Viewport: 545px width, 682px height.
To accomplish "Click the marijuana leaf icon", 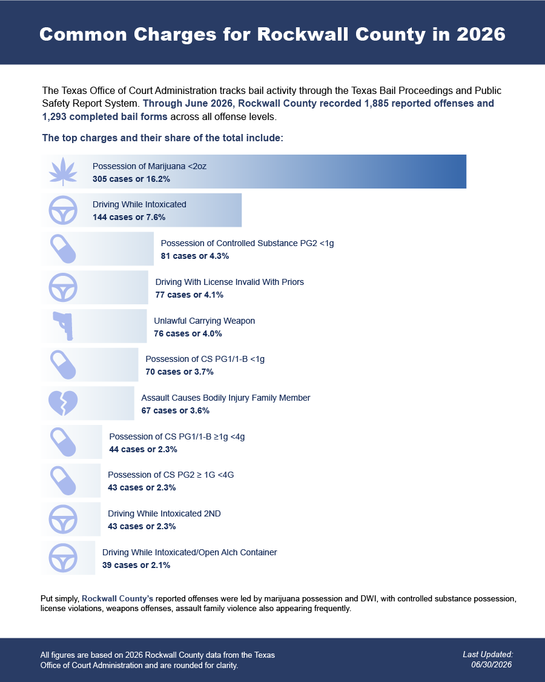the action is pyautogui.click(x=63, y=172).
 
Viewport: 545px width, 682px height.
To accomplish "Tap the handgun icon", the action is pyautogui.click(x=64, y=326).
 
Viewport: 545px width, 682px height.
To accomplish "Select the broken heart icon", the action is pyautogui.click(x=63, y=403).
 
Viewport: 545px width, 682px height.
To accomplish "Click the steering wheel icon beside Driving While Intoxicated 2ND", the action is pyautogui.click(x=63, y=520).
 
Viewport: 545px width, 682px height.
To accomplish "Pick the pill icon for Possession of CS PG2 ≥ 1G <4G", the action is pyautogui.click(x=63, y=481).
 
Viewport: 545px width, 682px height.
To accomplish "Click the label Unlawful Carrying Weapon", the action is pyautogui.click(x=204, y=321).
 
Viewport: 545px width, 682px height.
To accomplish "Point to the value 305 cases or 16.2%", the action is pyautogui.click(x=131, y=179).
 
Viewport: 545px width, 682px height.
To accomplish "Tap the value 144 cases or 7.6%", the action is pyautogui.click(x=129, y=217).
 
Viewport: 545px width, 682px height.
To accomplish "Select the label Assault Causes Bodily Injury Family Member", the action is pyautogui.click(x=225, y=398).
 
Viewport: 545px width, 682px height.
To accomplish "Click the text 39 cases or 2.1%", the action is pyautogui.click(x=136, y=565).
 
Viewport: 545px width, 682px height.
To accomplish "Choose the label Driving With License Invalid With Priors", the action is pyautogui.click(x=230, y=282).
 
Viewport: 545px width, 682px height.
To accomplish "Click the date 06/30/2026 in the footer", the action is pyautogui.click(x=492, y=664).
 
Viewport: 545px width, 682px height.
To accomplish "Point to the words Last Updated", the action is pyautogui.click(x=488, y=654).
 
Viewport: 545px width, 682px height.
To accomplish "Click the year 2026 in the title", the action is pyautogui.click(x=481, y=35).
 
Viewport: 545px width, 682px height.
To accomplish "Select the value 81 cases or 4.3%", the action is pyautogui.click(x=195, y=256).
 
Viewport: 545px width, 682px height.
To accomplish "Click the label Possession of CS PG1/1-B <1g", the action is pyautogui.click(x=205, y=359).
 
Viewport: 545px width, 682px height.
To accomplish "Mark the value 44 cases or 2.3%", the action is pyautogui.click(x=143, y=449).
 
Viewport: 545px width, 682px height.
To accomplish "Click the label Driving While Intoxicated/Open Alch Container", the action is pyautogui.click(x=190, y=552).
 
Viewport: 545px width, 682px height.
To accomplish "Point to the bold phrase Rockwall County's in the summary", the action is pyautogui.click(x=117, y=598).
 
